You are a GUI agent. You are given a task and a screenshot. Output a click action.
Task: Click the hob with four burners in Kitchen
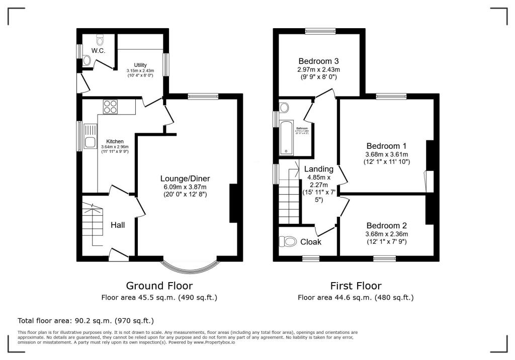[x=110, y=106]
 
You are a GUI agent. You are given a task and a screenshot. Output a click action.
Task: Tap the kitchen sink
[x=91, y=136]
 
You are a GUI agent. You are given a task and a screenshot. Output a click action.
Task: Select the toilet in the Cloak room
[x=290, y=242]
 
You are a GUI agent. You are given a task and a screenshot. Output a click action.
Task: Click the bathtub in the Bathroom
[x=286, y=137]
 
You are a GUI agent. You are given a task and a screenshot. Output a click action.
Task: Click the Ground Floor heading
[x=159, y=286]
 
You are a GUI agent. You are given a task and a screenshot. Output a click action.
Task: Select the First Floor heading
[x=356, y=286]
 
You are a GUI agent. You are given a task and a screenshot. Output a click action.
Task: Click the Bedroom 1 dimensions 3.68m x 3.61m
[x=387, y=154]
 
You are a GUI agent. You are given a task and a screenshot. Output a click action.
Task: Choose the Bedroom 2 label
[x=386, y=226]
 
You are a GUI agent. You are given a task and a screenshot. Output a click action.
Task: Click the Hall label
[x=118, y=225]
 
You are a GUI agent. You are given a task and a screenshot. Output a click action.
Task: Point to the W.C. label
[x=98, y=50]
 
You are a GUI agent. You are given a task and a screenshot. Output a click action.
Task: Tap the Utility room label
[x=140, y=65]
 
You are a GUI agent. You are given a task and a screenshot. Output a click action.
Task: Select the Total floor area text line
[x=85, y=320]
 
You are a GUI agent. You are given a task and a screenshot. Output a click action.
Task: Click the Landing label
[x=318, y=169]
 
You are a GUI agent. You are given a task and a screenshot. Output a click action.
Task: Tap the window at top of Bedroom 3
[x=320, y=31]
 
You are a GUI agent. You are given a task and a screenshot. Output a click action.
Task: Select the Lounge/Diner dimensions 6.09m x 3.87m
[x=185, y=187]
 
